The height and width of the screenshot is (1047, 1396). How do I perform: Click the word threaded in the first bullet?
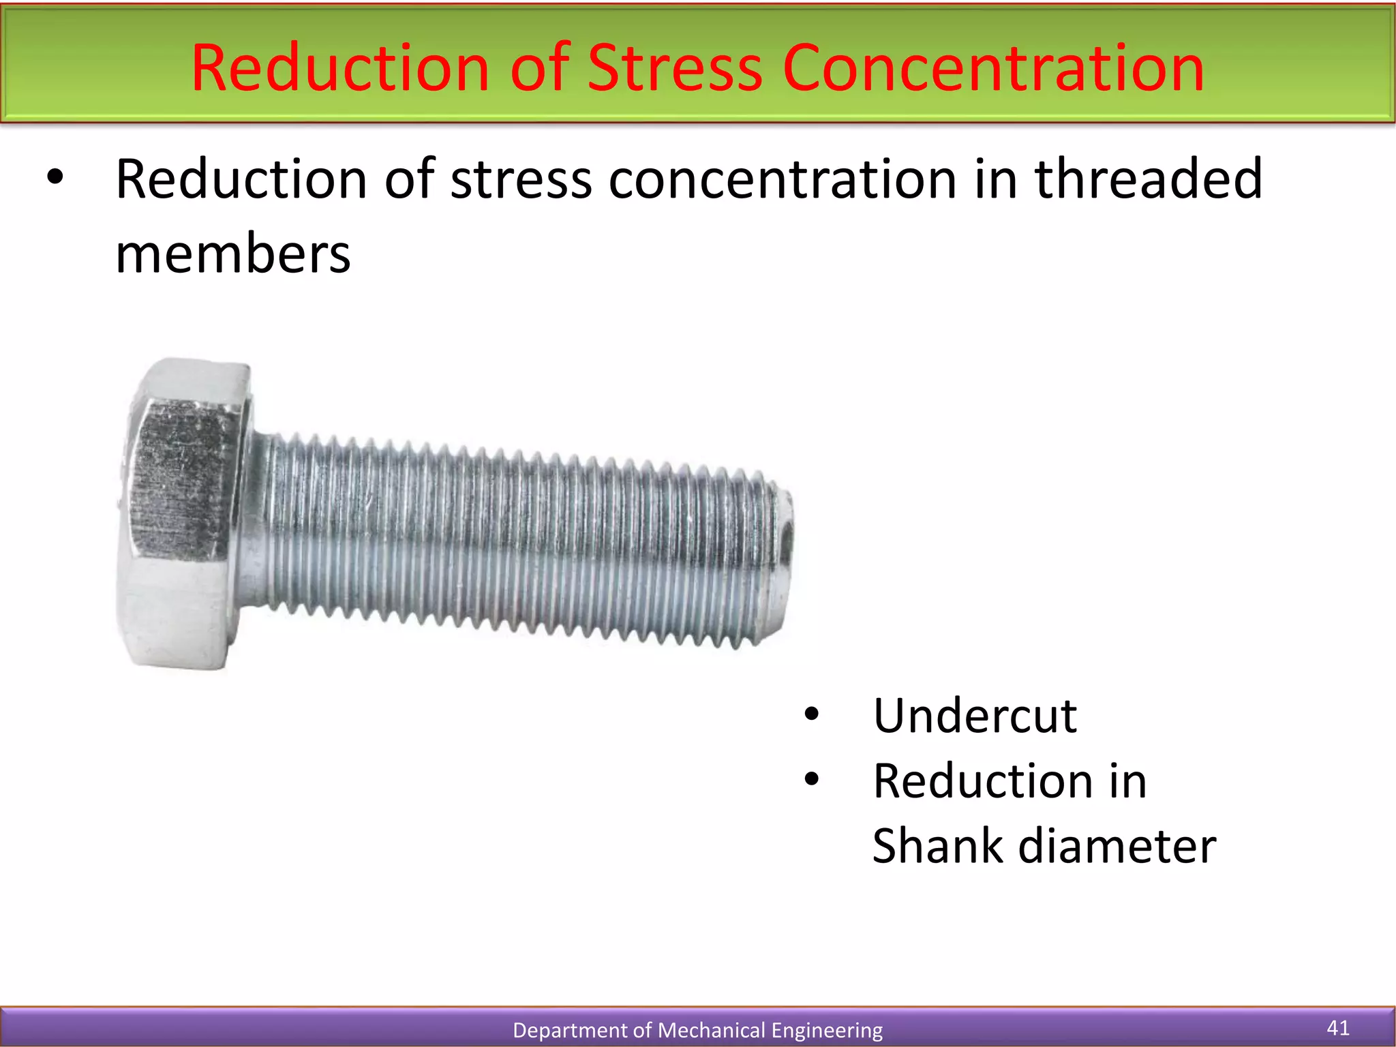1149,179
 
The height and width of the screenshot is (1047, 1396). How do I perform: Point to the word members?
233,254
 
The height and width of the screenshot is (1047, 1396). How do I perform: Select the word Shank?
938,846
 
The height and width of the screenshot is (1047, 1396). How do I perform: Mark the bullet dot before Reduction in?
811,779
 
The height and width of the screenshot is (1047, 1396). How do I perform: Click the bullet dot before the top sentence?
55,178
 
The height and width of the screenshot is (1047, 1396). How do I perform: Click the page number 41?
1338,1027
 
